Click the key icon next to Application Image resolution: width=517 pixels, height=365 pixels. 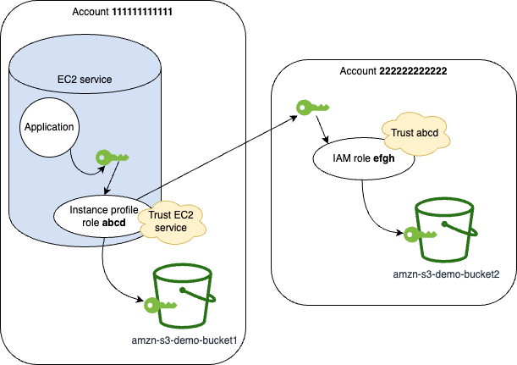tap(113, 157)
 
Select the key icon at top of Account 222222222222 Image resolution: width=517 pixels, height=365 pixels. tap(311, 108)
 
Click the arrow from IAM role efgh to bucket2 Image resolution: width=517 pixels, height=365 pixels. tap(372, 207)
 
